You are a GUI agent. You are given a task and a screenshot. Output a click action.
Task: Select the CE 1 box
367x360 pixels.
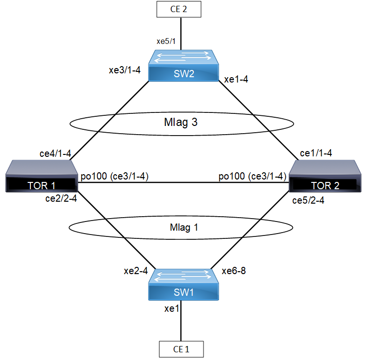(x=181, y=349)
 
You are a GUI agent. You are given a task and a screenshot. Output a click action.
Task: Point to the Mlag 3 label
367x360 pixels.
(x=181, y=123)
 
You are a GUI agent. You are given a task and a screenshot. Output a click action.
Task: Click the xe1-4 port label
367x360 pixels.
(x=237, y=80)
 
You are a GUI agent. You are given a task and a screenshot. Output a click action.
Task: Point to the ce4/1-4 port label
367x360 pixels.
(x=56, y=154)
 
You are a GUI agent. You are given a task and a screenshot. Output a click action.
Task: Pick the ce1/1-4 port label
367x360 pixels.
(x=316, y=153)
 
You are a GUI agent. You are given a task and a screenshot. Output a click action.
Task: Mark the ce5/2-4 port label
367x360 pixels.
(x=308, y=201)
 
